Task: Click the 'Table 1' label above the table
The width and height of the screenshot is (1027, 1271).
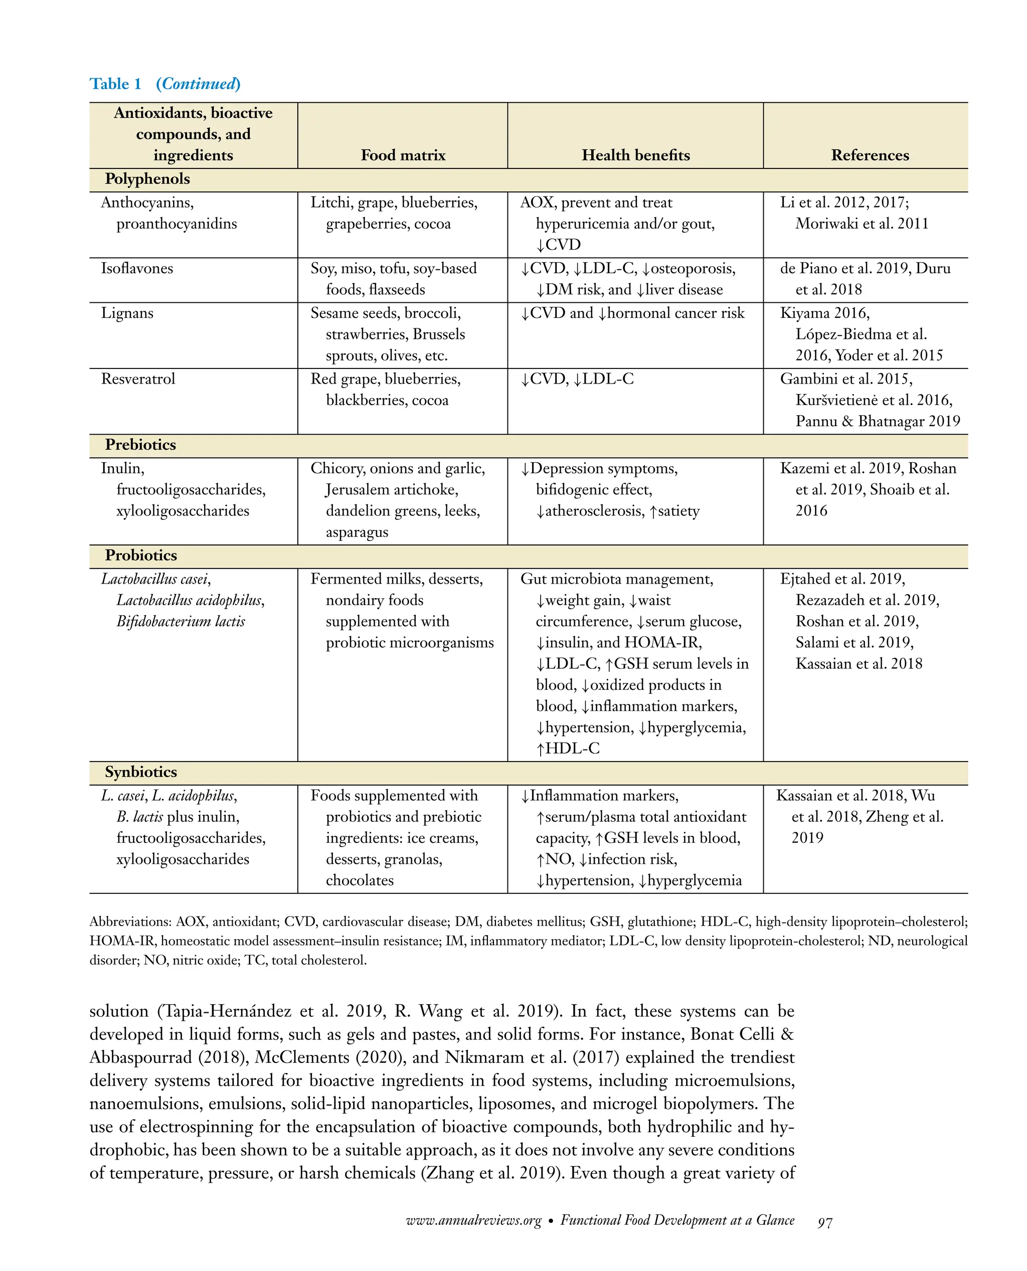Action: coord(115,84)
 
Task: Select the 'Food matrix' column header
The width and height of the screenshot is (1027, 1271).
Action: coord(403,155)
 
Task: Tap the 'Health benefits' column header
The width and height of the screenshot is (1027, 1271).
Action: coord(635,155)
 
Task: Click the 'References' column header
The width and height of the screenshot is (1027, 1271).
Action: coord(870,155)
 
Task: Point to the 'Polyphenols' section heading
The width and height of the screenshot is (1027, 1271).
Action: coord(147,179)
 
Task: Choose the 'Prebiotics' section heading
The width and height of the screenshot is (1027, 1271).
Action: coord(140,445)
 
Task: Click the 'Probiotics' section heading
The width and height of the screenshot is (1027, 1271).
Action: coord(141,556)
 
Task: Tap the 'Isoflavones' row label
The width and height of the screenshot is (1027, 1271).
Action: coord(137,269)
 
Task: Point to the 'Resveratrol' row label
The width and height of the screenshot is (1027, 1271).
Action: coord(138,379)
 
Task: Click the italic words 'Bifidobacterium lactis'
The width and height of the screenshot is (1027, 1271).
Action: coord(181,622)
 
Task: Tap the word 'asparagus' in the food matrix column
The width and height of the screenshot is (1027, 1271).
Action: coord(357,532)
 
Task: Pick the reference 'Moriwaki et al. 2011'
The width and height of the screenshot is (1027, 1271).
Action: coord(862,224)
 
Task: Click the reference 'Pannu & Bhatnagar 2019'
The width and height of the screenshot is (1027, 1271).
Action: coord(878,421)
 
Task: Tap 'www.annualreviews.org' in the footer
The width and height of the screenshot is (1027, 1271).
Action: coord(473,1221)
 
